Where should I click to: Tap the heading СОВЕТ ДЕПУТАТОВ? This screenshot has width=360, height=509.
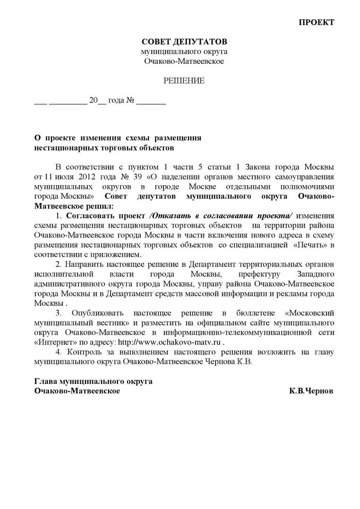pyautogui.click(x=184, y=42)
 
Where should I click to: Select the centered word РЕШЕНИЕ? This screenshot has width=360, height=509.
pyautogui.click(x=184, y=81)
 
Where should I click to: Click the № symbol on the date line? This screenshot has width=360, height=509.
pyautogui.click(x=130, y=101)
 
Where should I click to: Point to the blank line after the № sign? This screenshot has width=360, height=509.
pyautogui.click(x=151, y=102)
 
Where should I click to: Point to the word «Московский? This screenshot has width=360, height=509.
pyautogui.click(x=310, y=313)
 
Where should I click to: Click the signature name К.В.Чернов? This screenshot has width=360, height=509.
pyautogui.click(x=311, y=391)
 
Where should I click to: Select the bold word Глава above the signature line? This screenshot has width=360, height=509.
pyautogui.click(x=47, y=381)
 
